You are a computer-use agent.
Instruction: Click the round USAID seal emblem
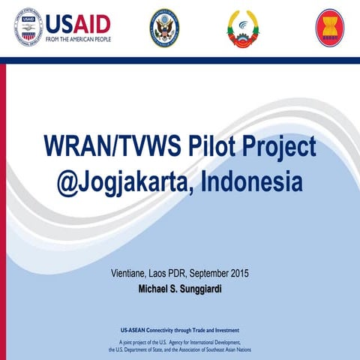[x=28, y=28]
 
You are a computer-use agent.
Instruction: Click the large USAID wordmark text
[x=78, y=23]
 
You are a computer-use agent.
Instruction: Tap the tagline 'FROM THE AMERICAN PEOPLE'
[x=78, y=39]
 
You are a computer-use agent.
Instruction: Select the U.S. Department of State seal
[x=164, y=28]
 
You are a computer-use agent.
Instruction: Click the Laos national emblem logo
[x=243, y=28]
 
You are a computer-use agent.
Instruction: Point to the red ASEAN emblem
[x=329, y=28]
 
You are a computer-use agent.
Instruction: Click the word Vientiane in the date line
[x=130, y=272]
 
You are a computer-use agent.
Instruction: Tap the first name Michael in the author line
[x=155, y=287]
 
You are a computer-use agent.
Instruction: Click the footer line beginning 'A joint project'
[x=179, y=341]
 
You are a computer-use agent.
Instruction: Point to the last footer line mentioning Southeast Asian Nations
[x=179, y=349]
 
